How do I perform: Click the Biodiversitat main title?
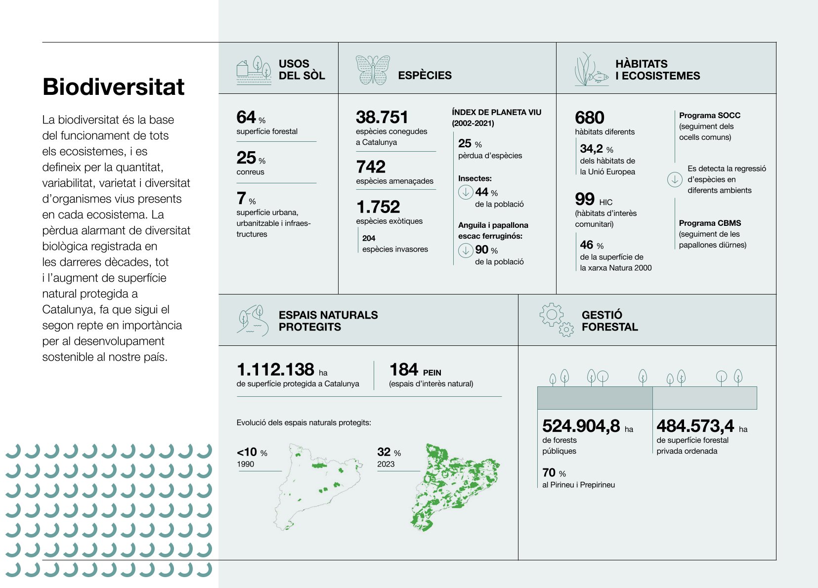tap(113, 87)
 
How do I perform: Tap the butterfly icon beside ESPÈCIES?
tap(372, 70)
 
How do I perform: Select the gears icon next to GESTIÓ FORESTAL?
tap(557, 320)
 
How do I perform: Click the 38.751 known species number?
tap(382, 117)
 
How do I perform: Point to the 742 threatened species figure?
tap(370, 167)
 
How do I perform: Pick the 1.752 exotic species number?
tap(378, 207)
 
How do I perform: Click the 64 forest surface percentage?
tap(246, 117)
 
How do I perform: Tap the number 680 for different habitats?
tap(589, 118)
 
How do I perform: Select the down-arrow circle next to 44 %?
tap(466, 192)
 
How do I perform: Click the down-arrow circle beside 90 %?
tap(466, 250)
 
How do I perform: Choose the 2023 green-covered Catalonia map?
tap(454, 487)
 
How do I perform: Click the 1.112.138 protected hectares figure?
tap(275, 369)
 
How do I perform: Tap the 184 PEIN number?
tap(404, 369)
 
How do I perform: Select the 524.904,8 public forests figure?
tap(581, 425)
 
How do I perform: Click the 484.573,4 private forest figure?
tap(695, 425)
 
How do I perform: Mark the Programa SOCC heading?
tap(709, 115)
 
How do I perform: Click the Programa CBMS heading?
tap(710, 223)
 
